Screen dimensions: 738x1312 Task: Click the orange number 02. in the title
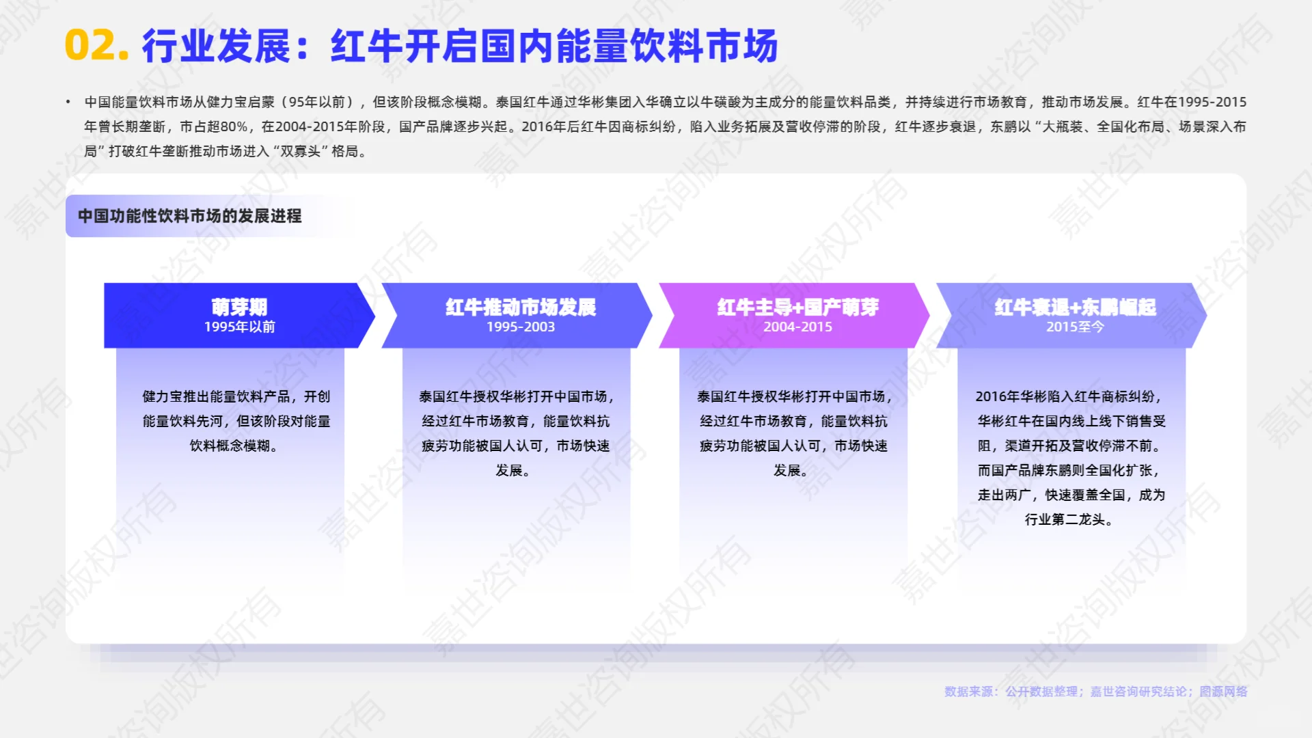pos(96,46)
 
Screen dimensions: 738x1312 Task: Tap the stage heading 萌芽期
pos(239,307)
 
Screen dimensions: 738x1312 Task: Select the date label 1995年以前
pos(239,327)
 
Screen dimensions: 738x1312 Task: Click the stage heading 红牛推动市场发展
pos(521,307)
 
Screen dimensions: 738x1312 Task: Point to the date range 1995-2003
pos(521,327)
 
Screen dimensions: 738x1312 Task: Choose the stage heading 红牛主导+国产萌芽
pos(797,307)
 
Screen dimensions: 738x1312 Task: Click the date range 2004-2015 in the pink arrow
pos(797,327)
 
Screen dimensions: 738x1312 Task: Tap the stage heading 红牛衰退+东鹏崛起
pos(1075,307)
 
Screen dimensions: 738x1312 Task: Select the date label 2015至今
pos(1075,327)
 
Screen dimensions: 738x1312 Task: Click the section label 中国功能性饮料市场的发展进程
pos(189,216)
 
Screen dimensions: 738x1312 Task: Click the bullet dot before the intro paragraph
pos(68,102)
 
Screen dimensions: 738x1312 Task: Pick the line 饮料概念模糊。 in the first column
pos(234,446)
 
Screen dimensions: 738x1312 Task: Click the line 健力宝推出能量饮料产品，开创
pos(236,397)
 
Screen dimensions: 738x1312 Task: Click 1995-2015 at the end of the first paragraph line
pos(1212,102)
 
